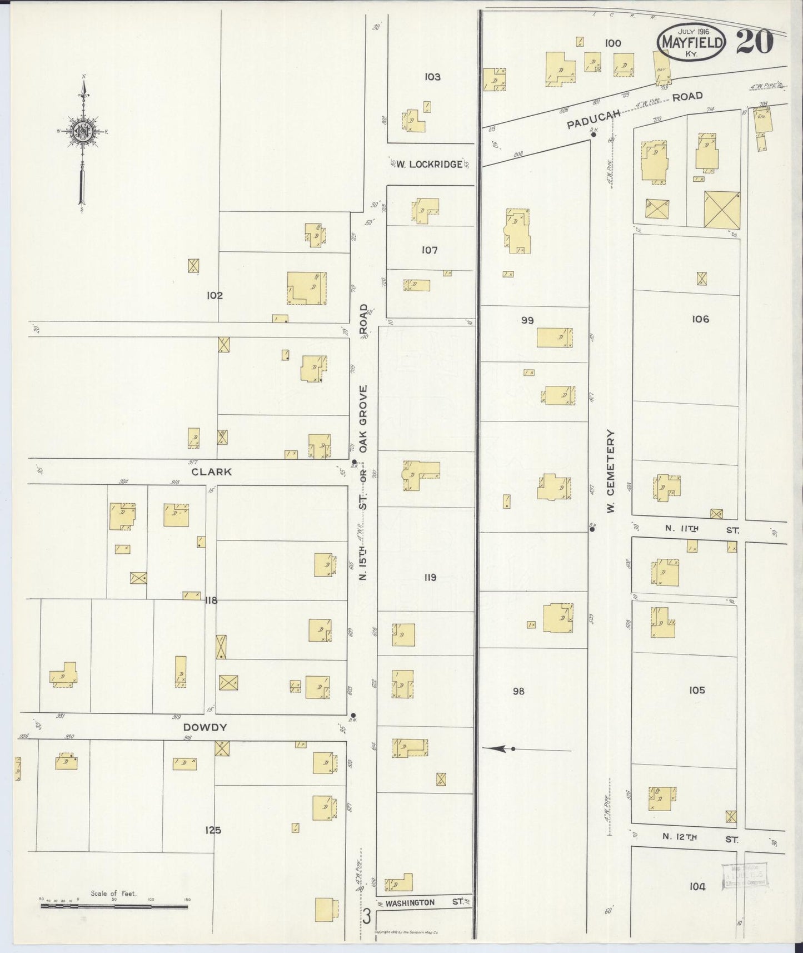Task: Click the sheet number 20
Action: [x=755, y=42]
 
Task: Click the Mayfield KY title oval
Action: [x=691, y=42]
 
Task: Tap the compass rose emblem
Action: [x=84, y=132]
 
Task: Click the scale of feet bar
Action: [x=114, y=906]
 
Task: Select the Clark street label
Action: [x=211, y=472]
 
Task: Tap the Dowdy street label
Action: [x=206, y=727]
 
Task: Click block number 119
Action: [x=430, y=578]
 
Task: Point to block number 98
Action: [x=518, y=691]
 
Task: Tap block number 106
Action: [x=700, y=319]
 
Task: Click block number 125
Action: [x=213, y=830]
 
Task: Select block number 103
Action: [x=432, y=77]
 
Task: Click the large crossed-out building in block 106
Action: [x=721, y=210]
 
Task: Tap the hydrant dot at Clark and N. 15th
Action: [x=354, y=461]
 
